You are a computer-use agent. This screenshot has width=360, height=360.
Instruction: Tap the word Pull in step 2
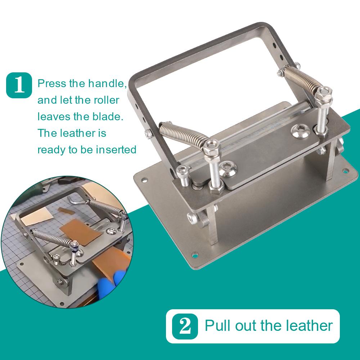(217, 325)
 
